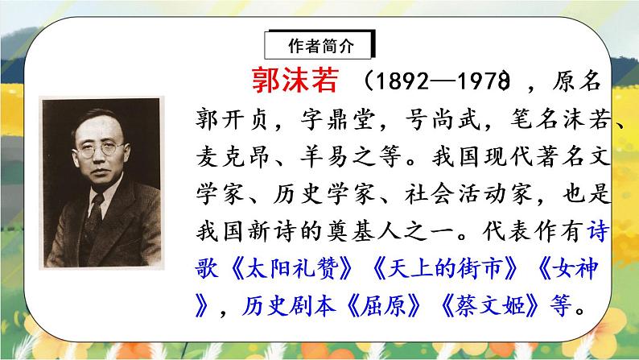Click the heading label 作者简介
pyautogui.click(x=320, y=45)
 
